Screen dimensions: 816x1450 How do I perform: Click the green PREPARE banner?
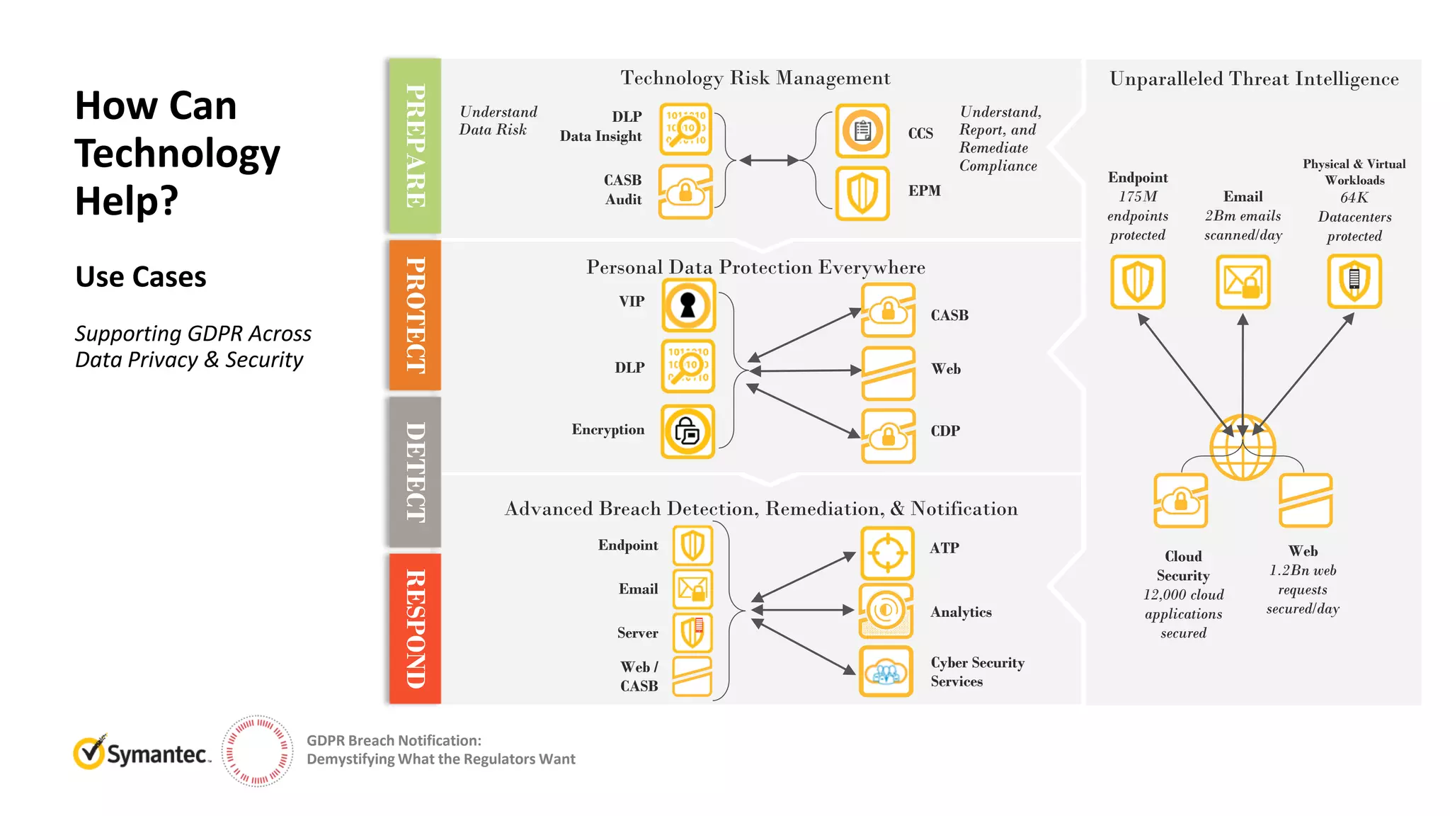tap(415, 146)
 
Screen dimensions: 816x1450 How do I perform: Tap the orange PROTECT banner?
tap(415, 315)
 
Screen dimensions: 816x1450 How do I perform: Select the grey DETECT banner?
tap(415, 472)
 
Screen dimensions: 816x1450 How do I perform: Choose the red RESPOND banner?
tap(415, 629)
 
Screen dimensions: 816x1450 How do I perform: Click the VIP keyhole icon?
tap(688, 305)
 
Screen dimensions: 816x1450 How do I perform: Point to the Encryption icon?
tap(687, 431)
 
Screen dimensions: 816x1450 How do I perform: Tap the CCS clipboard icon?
tap(862, 131)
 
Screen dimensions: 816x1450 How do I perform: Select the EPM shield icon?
tap(862, 193)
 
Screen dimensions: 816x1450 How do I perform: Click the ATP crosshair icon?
tap(887, 552)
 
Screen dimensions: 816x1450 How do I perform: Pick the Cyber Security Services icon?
tap(886, 671)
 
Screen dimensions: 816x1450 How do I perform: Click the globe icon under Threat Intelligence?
tap(1243, 448)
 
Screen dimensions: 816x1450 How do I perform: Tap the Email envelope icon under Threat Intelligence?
tap(1243, 282)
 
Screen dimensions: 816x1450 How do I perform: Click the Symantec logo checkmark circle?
tap(90, 753)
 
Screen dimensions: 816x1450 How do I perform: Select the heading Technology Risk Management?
tap(755, 78)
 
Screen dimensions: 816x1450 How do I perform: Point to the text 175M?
tap(1138, 197)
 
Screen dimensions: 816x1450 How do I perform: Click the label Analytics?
tap(961, 612)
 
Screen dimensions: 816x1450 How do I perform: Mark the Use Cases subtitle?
tap(141, 277)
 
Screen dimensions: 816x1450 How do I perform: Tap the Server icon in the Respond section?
tap(692, 633)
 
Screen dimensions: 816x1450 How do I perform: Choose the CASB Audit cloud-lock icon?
tap(685, 191)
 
